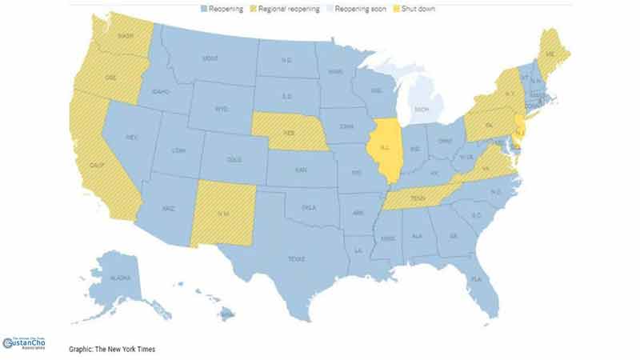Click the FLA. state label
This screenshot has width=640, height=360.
tap(478, 279)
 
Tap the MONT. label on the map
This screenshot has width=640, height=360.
tap(210, 58)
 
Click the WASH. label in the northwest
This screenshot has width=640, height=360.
tap(126, 36)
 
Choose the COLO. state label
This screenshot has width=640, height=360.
tap(234, 159)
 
